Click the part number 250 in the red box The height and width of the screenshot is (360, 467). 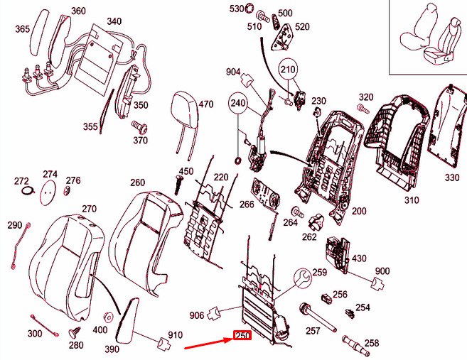point(243,337)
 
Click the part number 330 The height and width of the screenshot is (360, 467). point(452,177)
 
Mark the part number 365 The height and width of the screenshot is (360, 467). point(22,29)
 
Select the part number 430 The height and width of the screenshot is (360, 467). point(359,258)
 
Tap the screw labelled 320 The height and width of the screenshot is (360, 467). point(361,108)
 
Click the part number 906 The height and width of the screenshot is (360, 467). point(197,315)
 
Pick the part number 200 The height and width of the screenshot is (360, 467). point(359,211)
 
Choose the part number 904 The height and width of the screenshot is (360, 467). point(233,72)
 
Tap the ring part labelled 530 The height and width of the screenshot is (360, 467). point(249,9)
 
